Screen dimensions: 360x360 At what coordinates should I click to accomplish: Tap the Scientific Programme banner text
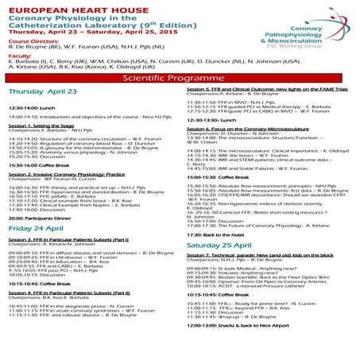[x=180, y=80]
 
